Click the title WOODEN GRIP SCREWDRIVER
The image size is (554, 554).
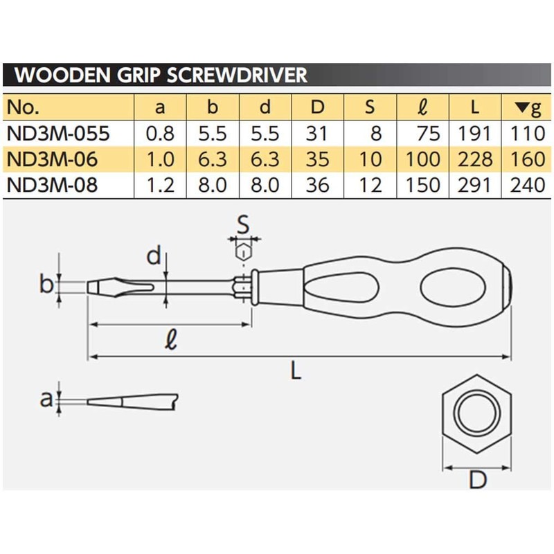pos(161,75)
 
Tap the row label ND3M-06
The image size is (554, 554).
pos(49,161)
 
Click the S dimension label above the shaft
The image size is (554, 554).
pos(242,223)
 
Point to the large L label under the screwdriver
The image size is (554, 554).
pos(296,373)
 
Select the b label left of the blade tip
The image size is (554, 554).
pos(47,285)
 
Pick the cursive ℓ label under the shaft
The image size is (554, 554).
pos(170,340)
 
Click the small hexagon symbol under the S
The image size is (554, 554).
pos(243,253)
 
